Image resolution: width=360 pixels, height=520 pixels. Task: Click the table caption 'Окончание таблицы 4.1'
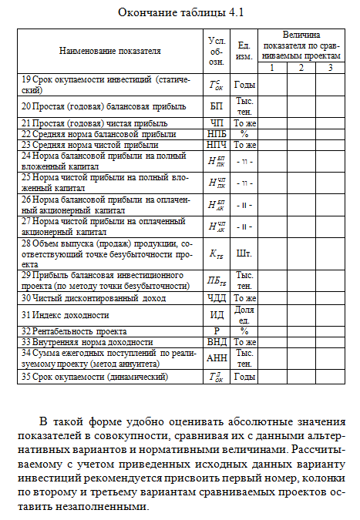(x=180, y=13)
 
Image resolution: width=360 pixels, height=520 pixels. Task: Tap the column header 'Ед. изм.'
(x=244, y=51)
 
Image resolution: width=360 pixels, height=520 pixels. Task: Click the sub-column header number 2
(x=301, y=68)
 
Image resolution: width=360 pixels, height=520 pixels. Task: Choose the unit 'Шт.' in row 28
(x=244, y=253)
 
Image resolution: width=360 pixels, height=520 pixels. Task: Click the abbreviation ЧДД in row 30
(x=217, y=297)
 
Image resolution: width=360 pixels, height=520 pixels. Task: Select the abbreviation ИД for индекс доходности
(x=217, y=314)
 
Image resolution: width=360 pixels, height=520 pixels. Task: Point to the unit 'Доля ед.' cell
(x=244, y=314)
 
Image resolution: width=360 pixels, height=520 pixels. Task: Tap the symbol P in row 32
(x=217, y=330)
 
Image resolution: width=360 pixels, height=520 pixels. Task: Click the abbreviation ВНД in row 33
(x=217, y=341)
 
